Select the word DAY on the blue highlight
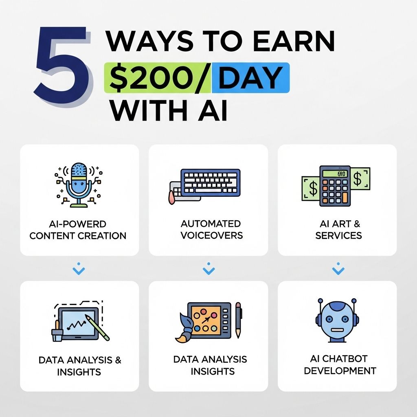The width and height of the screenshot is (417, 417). [x=250, y=78]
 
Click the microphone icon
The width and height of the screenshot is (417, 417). [x=78, y=185]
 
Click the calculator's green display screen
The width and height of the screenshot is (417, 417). [x=335, y=173]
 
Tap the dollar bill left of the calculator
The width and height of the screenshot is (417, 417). [x=311, y=188]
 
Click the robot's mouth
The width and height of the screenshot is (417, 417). [x=337, y=330]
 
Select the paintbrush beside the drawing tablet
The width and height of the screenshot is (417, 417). [x=184, y=328]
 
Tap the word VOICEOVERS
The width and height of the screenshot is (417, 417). [x=212, y=235]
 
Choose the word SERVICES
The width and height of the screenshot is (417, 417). [x=338, y=235]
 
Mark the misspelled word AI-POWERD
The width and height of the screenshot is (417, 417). [x=78, y=224]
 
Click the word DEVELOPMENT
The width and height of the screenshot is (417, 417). [x=340, y=371]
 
